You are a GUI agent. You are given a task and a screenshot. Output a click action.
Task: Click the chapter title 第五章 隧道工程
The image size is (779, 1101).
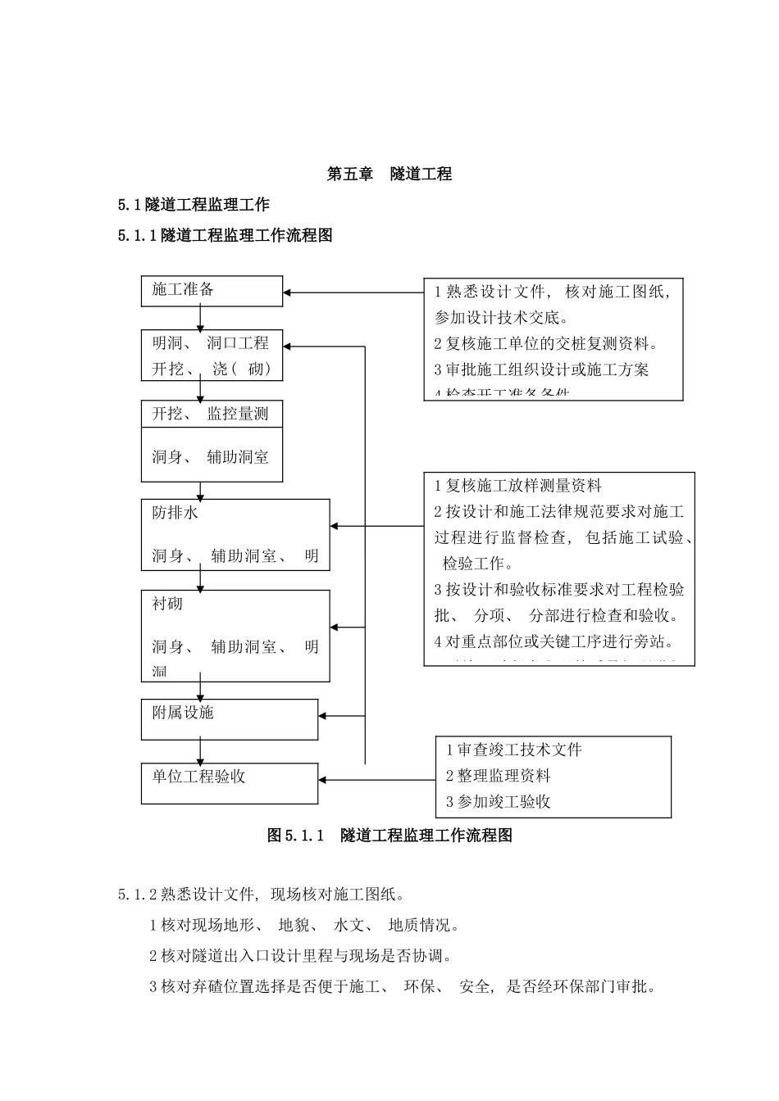pos(389,174)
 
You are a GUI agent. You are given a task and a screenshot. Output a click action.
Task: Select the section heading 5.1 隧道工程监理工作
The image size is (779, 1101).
pos(194,204)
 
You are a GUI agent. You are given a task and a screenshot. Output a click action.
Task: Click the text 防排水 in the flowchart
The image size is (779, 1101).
pos(175,513)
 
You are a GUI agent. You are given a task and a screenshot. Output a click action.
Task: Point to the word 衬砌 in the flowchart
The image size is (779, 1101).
pos(167,604)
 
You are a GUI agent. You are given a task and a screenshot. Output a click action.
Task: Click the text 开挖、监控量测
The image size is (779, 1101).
pos(210,414)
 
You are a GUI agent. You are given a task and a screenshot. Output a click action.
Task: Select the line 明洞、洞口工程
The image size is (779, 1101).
pos(210,342)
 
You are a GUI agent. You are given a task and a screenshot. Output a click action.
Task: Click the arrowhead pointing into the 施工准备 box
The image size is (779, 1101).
pos(288,292)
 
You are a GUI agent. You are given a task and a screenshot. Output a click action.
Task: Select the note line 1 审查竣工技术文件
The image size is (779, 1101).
pos(513,750)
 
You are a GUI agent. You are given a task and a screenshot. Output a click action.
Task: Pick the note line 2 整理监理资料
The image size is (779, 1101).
pos(498,776)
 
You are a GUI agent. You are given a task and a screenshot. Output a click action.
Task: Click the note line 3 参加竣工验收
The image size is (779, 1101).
pos(498,802)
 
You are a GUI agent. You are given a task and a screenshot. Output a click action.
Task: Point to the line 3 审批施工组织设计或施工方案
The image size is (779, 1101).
pos(541,369)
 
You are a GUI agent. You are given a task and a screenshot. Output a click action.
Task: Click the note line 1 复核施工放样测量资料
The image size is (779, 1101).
pos(517,486)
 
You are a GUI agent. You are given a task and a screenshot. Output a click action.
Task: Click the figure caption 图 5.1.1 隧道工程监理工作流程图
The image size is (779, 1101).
pos(389,836)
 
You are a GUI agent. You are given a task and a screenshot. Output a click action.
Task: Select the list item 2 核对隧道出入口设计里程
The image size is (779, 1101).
pos(301,956)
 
